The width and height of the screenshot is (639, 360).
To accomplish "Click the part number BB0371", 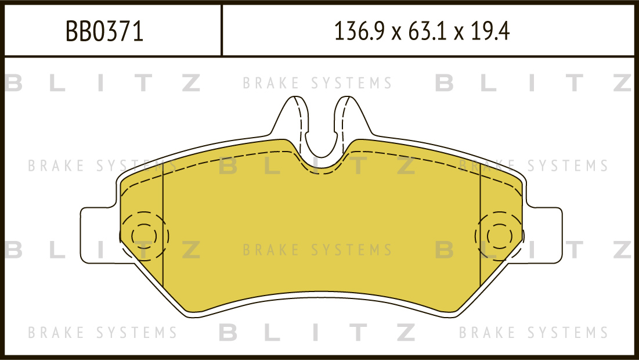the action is pos(104,31).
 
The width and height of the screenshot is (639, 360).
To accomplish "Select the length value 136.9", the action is pos(359,31).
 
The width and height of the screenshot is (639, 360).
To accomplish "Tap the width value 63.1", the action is pos(426,31).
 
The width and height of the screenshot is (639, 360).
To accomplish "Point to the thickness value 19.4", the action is pos(490,31).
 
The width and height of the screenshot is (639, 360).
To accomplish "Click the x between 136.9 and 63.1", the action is pos(396,33).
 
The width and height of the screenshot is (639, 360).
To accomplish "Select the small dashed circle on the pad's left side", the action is pos(144,236).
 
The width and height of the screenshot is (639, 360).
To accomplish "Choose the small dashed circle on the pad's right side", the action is pos(500,236).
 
